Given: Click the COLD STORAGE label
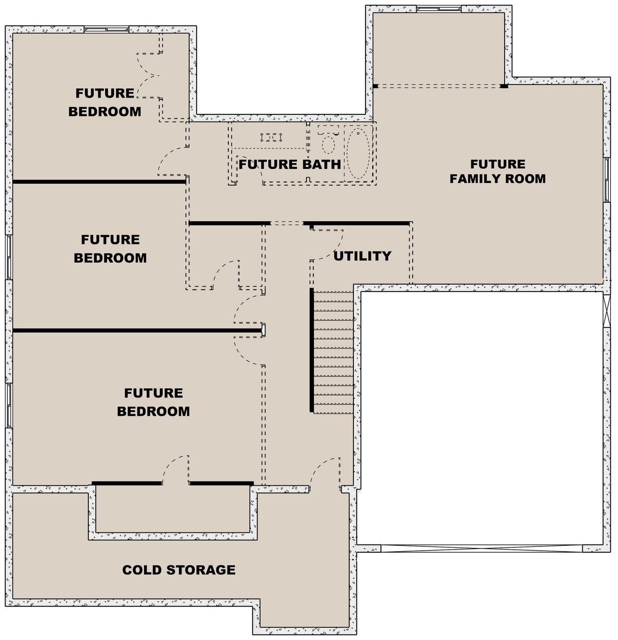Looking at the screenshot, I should (x=179, y=570).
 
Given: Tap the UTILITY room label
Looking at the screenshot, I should (x=362, y=256).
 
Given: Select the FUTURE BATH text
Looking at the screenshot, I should (x=290, y=165).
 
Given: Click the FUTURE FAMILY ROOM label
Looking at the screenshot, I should (x=498, y=171).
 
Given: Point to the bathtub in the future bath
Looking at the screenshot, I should (x=359, y=153).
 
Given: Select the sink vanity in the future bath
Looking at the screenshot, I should (x=271, y=138).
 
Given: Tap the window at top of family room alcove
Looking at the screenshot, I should (x=438, y=9).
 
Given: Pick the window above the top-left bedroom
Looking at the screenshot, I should (x=106, y=29).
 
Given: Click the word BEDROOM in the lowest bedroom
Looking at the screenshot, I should (x=153, y=411).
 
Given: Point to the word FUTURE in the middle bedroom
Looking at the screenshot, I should (x=110, y=240).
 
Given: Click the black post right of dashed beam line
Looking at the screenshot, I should (x=504, y=86).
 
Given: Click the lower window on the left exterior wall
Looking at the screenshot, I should (x=9, y=405).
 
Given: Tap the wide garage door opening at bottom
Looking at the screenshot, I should (x=481, y=548).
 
